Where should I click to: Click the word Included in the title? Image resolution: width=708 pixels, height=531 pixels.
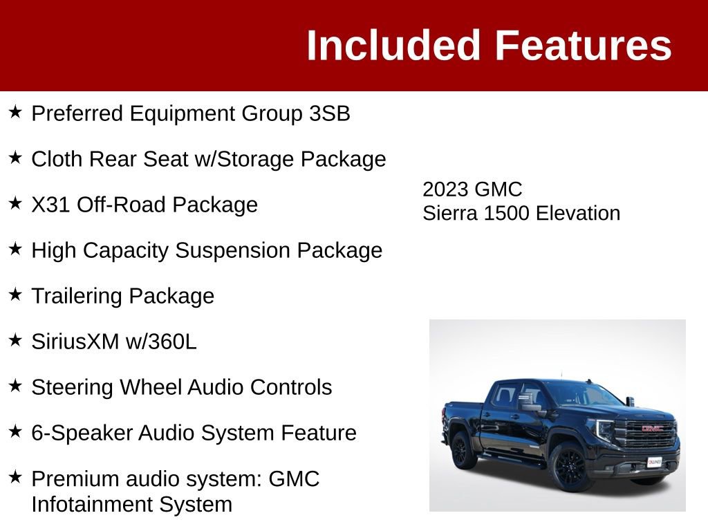(x=393, y=46)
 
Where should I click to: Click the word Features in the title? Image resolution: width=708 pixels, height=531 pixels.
(x=583, y=46)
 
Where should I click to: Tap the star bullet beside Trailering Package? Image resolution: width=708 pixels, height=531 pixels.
(x=16, y=295)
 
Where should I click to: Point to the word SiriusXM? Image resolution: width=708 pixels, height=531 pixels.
(x=75, y=342)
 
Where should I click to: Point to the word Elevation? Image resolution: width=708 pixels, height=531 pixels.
(x=578, y=213)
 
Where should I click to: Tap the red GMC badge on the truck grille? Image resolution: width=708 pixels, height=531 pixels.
(x=652, y=428)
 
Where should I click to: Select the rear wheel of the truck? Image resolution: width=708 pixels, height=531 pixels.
(x=460, y=449)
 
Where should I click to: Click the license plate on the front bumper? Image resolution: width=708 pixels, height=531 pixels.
(x=654, y=461)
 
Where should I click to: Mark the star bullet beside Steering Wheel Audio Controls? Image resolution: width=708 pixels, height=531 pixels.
(x=16, y=386)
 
